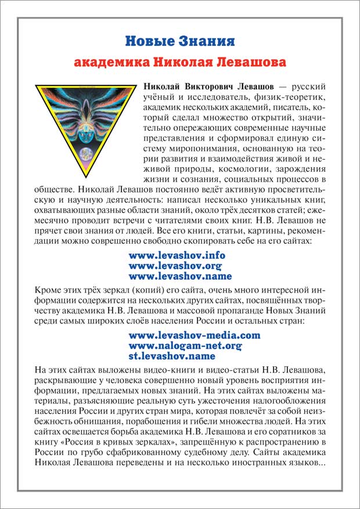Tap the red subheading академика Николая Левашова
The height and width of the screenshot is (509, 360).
pos(180,62)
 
